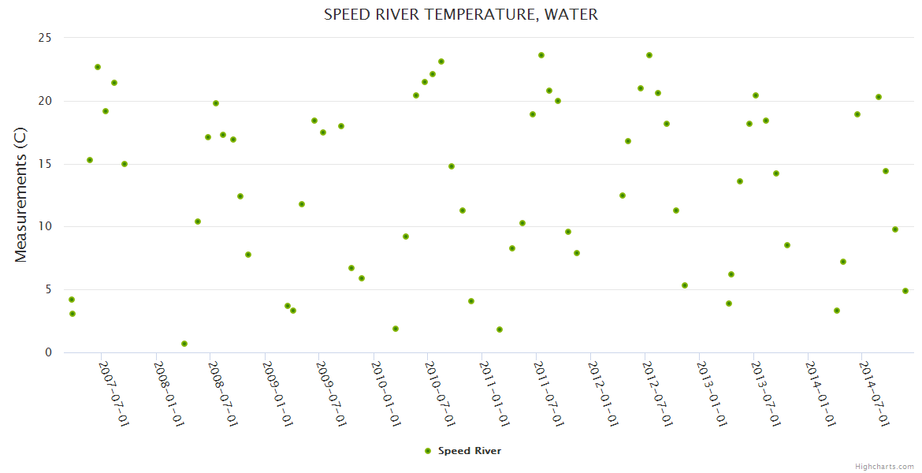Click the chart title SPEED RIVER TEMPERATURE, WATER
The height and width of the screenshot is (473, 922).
tap(461, 14)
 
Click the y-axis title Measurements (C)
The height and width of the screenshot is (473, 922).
tap(21, 195)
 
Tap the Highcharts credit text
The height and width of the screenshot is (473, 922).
tap(884, 466)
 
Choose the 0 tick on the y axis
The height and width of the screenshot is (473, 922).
tap(48, 353)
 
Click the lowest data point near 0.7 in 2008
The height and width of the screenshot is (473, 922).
tap(184, 344)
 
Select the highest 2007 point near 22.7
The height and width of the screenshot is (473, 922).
tap(98, 67)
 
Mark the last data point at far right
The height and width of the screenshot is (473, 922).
tap(905, 291)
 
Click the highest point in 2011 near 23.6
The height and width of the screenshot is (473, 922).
tap(541, 55)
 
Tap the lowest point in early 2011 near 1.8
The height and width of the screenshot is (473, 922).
tap(500, 330)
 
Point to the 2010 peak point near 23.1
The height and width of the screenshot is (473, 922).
tap(441, 61)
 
